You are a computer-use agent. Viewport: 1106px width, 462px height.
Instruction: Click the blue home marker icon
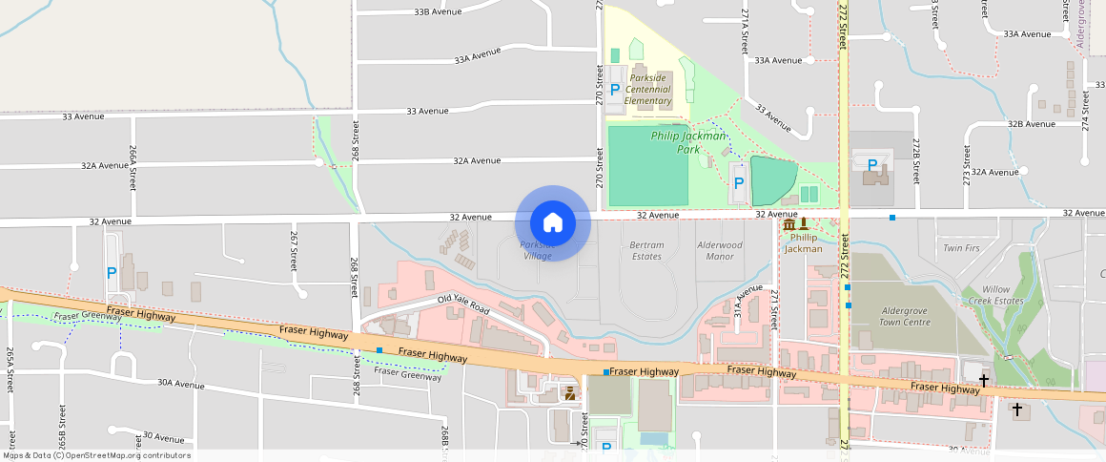click(552, 223)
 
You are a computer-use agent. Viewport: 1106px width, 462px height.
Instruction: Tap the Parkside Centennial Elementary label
click(648, 89)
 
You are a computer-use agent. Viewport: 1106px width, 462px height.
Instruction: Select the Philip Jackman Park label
click(688, 142)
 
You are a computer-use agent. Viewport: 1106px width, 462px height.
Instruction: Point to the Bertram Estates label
click(646, 251)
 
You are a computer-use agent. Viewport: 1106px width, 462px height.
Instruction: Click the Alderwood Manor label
click(720, 251)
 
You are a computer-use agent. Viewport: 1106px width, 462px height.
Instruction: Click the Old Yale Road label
click(463, 305)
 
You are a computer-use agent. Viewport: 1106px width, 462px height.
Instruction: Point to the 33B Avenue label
click(438, 11)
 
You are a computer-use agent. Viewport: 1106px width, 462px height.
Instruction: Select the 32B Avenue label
click(1031, 124)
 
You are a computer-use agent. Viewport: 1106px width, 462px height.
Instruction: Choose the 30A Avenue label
click(181, 385)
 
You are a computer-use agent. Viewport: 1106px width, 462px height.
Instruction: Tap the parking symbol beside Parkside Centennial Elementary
click(614, 89)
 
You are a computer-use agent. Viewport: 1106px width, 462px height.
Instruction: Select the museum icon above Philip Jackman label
click(788, 224)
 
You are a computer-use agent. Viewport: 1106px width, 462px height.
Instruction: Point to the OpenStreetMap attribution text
click(96, 455)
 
